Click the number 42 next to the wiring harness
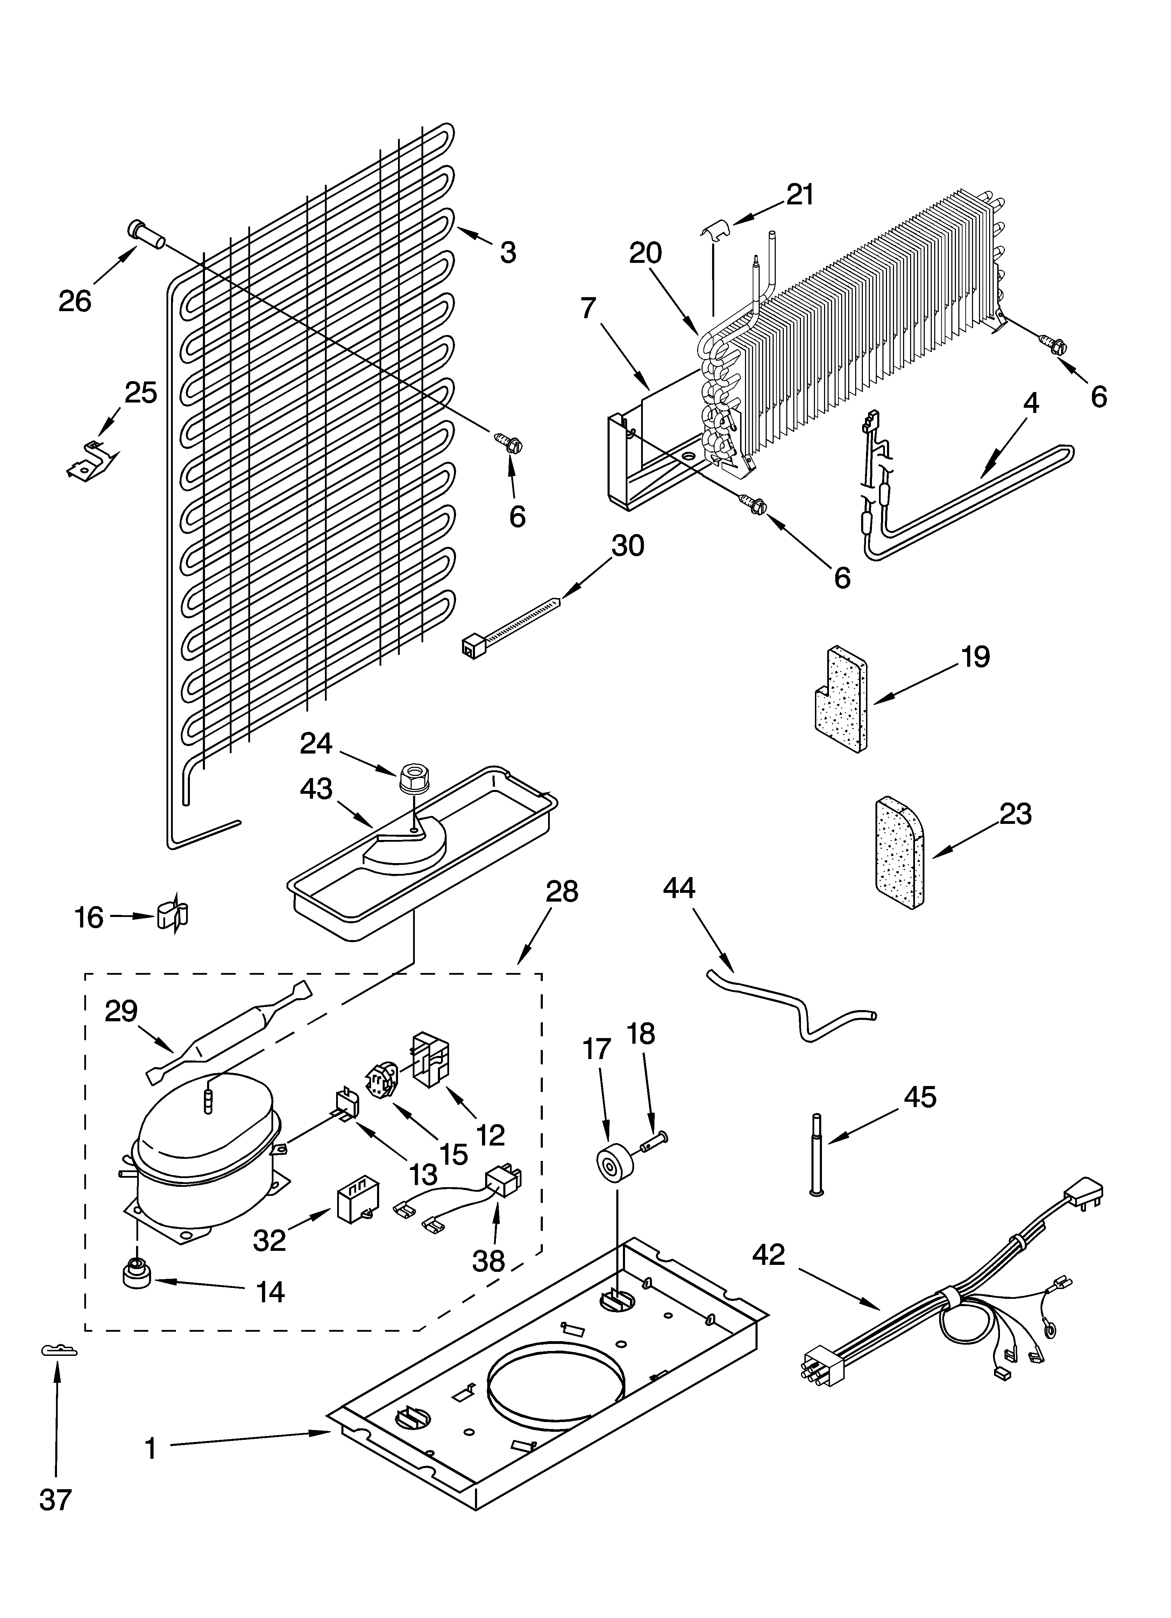(x=768, y=1254)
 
